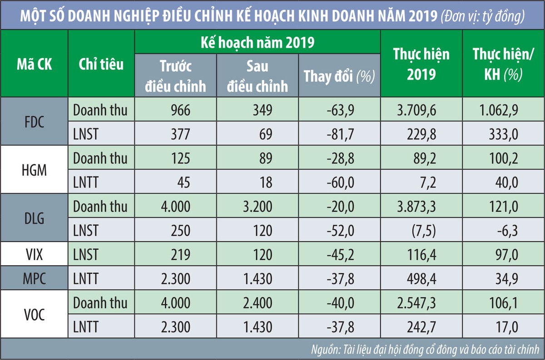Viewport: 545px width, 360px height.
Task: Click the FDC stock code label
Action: [34, 121]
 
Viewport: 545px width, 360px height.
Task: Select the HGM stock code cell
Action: [34, 170]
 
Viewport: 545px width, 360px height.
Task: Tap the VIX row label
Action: [34, 254]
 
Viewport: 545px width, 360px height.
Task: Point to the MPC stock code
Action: [34, 278]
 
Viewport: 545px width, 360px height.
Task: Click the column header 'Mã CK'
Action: [34, 64]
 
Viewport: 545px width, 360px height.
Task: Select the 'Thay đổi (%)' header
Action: [339, 76]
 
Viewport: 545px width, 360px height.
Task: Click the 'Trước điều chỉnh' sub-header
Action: [175, 76]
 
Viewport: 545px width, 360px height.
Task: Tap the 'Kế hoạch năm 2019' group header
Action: [258, 43]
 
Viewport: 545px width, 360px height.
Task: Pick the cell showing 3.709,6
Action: [418, 109]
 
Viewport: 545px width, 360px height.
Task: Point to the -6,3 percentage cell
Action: [506, 231]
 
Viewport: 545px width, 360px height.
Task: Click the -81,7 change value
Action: [344, 134]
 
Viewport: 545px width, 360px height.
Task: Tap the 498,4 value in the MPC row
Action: [421, 278]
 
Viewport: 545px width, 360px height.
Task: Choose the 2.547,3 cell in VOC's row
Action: [418, 303]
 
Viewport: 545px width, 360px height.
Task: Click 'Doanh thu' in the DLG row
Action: [100, 207]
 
